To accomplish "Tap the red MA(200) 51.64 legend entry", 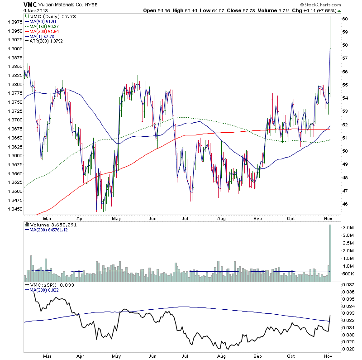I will [45, 31].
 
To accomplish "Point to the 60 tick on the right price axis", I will [345, 19].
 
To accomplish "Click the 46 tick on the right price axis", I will [345, 204].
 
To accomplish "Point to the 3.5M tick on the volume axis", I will [348, 227].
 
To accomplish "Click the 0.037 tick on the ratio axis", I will [348, 284].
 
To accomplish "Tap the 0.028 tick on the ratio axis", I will [348, 349].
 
